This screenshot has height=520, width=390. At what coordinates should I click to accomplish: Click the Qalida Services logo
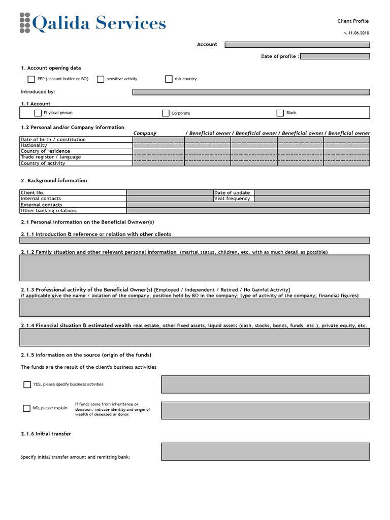click(x=93, y=23)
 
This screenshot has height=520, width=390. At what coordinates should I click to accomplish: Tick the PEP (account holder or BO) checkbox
click(x=31, y=79)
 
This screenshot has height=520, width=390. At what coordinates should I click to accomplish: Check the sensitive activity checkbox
click(x=101, y=79)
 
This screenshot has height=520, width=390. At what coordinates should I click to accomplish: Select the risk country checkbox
click(x=169, y=79)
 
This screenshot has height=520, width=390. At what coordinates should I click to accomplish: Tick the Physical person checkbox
click(x=38, y=113)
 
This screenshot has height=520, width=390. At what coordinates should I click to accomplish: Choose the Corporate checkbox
click(x=166, y=113)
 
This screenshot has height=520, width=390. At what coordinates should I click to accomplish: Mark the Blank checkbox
click(x=280, y=113)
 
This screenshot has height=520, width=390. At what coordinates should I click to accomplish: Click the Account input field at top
click(x=297, y=45)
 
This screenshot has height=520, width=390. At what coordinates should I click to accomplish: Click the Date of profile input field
click(x=335, y=56)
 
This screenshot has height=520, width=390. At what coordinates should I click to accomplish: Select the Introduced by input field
click(x=251, y=92)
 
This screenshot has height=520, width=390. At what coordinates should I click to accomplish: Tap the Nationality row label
click(x=34, y=145)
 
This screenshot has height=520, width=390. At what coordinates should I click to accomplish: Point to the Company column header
click(x=145, y=133)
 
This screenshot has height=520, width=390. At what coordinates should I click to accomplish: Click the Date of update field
click(x=312, y=192)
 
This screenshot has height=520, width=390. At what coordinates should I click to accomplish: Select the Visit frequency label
click(x=233, y=199)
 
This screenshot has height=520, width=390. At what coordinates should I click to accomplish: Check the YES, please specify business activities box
click(x=27, y=384)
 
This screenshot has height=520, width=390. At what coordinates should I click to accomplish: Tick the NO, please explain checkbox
click(x=27, y=408)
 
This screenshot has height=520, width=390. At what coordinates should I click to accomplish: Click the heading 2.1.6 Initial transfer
click(x=46, y=434)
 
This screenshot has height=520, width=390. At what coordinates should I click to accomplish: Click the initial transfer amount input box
click(x=265, y=451)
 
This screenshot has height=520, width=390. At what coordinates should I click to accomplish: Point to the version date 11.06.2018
click(x=357, y=33)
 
